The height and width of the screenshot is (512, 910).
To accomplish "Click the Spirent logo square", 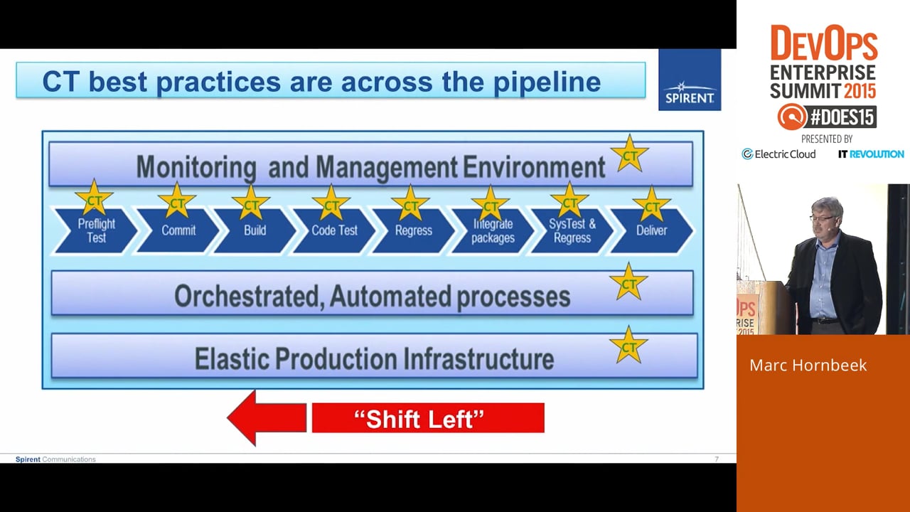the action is click(690, 80).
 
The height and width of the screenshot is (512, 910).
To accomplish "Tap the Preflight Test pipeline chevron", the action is click(96, 231).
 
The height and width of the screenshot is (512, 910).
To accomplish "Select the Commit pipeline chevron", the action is click(178, 231).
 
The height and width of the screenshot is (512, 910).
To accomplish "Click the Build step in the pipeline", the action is click(255, 231).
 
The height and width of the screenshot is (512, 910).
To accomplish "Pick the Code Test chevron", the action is click(334, 231).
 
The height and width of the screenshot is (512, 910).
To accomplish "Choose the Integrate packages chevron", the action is click(493, 231).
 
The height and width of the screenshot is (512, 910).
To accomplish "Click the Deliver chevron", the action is click(652, 231).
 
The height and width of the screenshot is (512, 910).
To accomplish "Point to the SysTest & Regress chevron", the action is click(572, 231).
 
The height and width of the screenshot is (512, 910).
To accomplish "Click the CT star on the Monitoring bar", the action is click(629, 154).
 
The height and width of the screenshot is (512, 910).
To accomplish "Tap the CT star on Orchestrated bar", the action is click(628, 283).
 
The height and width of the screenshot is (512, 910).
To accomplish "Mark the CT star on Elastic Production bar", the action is click(628, 346).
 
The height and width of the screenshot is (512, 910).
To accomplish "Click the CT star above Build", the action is click(251, 204).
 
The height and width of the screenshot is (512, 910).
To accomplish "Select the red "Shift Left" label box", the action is click(428, 418).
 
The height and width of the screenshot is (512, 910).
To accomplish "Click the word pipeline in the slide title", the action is click(547, 82).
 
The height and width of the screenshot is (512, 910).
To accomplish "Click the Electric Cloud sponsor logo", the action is click(778, 154).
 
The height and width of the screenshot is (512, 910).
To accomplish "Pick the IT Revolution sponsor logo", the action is click(871, 154).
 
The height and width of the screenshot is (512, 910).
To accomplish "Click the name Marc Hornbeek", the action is click(808, 365).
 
